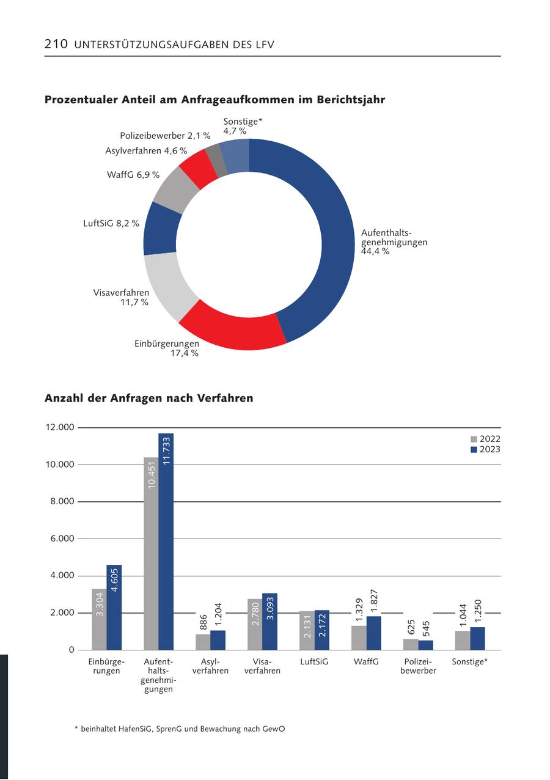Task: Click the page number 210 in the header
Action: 56,44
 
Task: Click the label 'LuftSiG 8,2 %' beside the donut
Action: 111,224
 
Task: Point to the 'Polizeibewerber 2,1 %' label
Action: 165,136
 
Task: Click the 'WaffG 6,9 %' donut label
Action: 133,175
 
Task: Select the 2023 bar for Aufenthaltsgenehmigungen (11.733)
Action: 166,542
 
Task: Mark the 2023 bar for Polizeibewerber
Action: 426,645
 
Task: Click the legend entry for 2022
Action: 485,439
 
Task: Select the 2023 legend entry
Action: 485,449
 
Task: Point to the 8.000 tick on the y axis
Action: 60,501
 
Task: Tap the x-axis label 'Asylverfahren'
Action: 210,666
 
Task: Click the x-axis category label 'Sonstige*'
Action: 470,661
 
